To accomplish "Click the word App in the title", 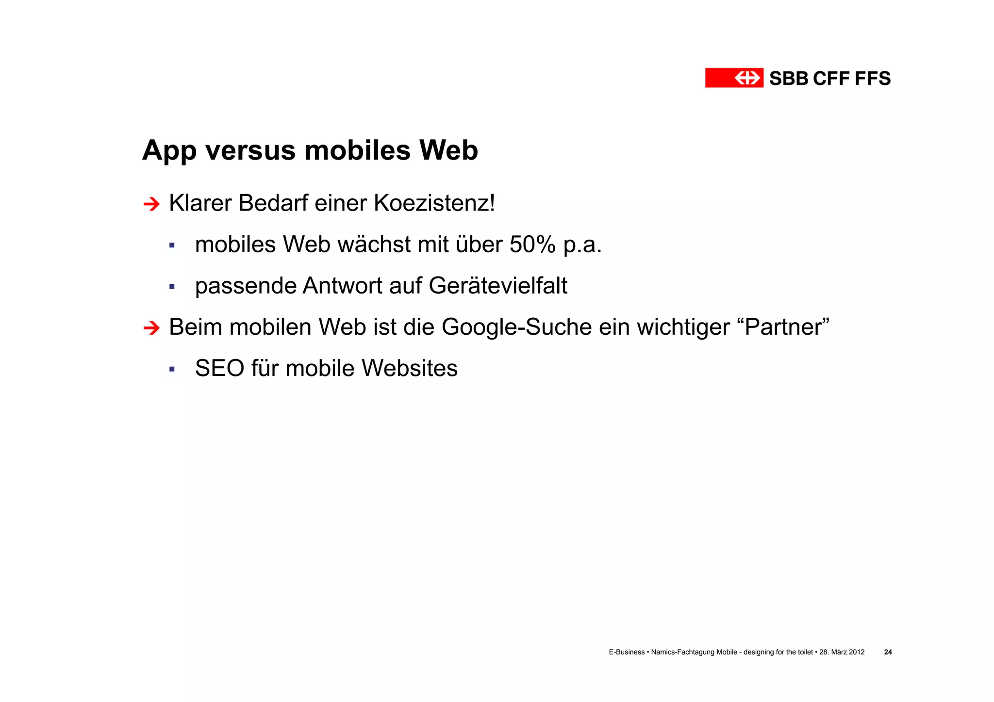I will pos(169,151).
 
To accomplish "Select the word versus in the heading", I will pos(250,151).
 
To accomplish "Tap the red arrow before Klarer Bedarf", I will pos(151,204).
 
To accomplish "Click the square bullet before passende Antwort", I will pos(172,287).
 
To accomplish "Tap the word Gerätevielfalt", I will pos(498,286).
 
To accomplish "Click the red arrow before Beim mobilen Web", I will pos(151,328).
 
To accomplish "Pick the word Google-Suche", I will pos(516,327).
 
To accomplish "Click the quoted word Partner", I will pos(787,327).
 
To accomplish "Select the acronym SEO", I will pos(219,368).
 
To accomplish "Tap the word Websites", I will pos(410,368).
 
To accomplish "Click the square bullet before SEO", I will pos(172,369).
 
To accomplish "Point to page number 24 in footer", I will pos(888,652).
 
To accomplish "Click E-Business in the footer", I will pos(627,652).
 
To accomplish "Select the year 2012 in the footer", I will pos(856,652).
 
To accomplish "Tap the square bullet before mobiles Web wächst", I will pos(172,245).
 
